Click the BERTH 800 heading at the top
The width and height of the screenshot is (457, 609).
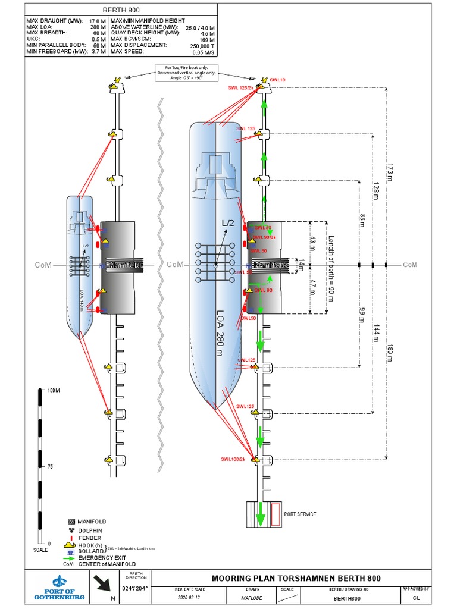(x=121, y=10)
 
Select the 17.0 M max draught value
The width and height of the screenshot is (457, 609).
(x=98, y=21)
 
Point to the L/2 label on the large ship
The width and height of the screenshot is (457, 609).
(x=228, y=223)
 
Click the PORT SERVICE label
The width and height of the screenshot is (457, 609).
(x=300, y=514)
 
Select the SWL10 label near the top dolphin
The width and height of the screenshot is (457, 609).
(x=277, y=79)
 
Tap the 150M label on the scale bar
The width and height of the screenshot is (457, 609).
(x=54, y=390)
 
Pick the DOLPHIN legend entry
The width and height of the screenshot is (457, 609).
(x=90, y=530)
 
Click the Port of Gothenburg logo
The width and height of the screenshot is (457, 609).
(x=60, y=588)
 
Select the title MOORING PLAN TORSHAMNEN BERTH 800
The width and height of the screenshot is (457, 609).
(x=296, y=578)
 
